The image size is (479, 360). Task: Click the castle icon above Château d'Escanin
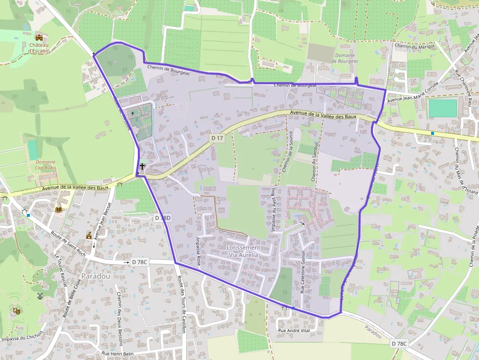(x=39, y=38)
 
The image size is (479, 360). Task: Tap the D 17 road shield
(x=217, y=138)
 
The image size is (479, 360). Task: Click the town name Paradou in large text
(x=96, y=276)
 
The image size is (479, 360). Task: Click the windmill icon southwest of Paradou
(x=40, y=296)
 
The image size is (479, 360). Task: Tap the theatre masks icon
(x=16, y=309)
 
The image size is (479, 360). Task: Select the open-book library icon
(x=59, y=209)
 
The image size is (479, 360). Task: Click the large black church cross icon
(x=142, y=167)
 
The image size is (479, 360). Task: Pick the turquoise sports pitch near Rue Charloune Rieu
(x=443, y=108)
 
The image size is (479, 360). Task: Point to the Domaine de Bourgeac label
(x=346, y=58)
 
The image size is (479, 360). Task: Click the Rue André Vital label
(x=294, y=331)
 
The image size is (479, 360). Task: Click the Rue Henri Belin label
(x=117, y=353)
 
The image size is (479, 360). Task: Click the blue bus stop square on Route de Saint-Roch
(x=29, y=215)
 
